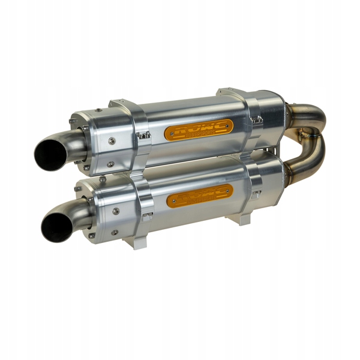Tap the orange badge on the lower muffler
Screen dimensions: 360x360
pyautogui.click(x=199, y=196)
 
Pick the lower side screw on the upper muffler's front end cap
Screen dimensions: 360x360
pyautogui.click(x=110, y=164)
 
